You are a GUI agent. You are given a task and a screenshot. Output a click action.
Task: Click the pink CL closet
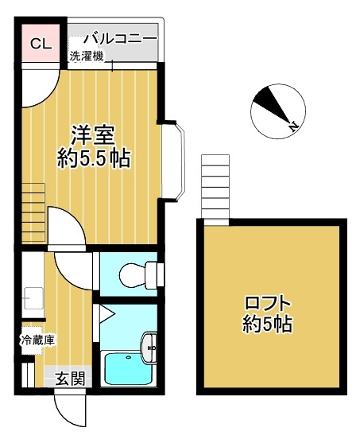click(41, 44)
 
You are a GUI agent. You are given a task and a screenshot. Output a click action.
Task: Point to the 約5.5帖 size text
click(94, 158)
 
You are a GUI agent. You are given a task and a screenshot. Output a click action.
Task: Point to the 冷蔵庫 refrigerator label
click(37, 340)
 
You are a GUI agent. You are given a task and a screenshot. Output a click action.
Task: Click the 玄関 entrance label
click(69, 379)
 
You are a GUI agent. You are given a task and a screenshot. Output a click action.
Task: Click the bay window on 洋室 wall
click(176, 159)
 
